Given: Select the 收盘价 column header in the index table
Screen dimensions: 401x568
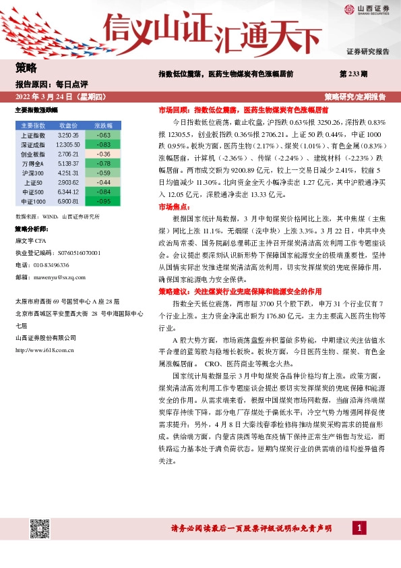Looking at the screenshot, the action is (x=69, y=125).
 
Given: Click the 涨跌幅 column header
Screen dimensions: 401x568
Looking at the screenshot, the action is (x=103, y=125).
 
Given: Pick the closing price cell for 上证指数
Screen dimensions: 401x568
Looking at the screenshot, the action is (x=69, y=136).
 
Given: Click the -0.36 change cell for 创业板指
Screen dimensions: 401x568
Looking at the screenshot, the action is (x=103, y=154).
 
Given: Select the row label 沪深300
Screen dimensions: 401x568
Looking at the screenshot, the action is (x=33, y=173).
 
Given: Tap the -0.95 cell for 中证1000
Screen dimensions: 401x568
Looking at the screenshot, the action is (x=103, y=201).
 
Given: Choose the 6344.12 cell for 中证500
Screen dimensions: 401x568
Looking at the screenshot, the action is (x=69, y=192).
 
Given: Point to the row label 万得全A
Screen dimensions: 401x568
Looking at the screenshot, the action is (x=33, y=163).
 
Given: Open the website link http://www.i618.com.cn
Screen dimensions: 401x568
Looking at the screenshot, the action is (x=44, y=349).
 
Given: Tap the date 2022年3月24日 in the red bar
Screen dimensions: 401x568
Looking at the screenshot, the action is (x=51, y=96).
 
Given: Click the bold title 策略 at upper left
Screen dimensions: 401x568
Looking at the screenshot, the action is (x=26, y=67).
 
